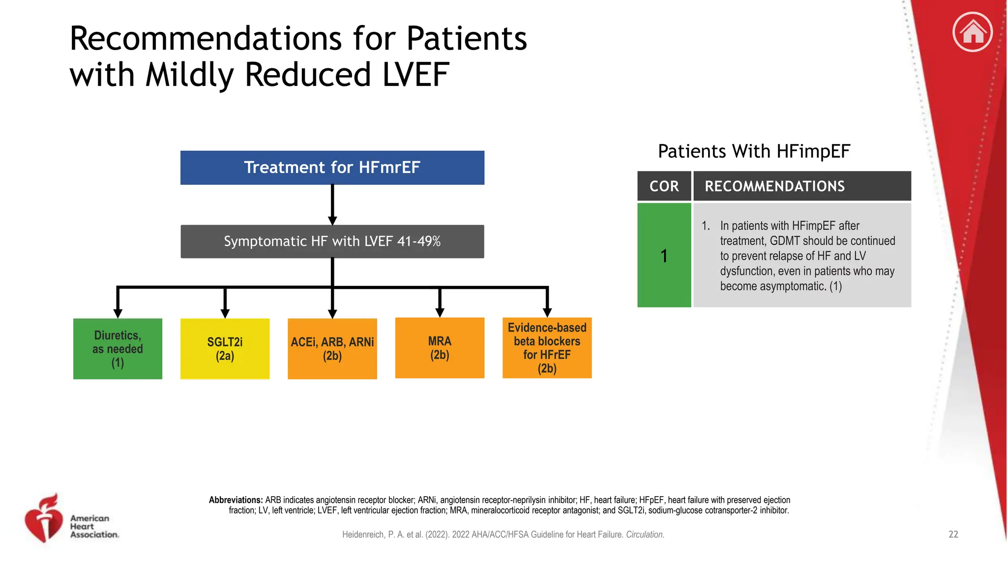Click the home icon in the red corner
click(x=972, y=32)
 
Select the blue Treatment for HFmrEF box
click(x=332, y=168)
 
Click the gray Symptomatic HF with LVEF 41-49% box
click(x=332, y=241)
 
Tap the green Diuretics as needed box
click(x=118, y=349)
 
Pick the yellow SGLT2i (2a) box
click(x=225, y=349)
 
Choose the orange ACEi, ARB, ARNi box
click(x=332, y=349)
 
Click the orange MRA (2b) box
click(x=440, y=348)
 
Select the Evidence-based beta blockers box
click(x=547, y=348)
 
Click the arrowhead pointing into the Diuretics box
click(x=118, y=313)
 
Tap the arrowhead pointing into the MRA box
click(x=440, y=312)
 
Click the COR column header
click(x=664, y=186)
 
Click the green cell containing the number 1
click(x=664, y=255)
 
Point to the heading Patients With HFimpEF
click(x=754, y=151)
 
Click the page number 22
click(x=953, y=535)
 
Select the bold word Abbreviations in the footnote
click(x=236, y=500)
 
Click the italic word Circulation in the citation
click(x=645, y=535)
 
